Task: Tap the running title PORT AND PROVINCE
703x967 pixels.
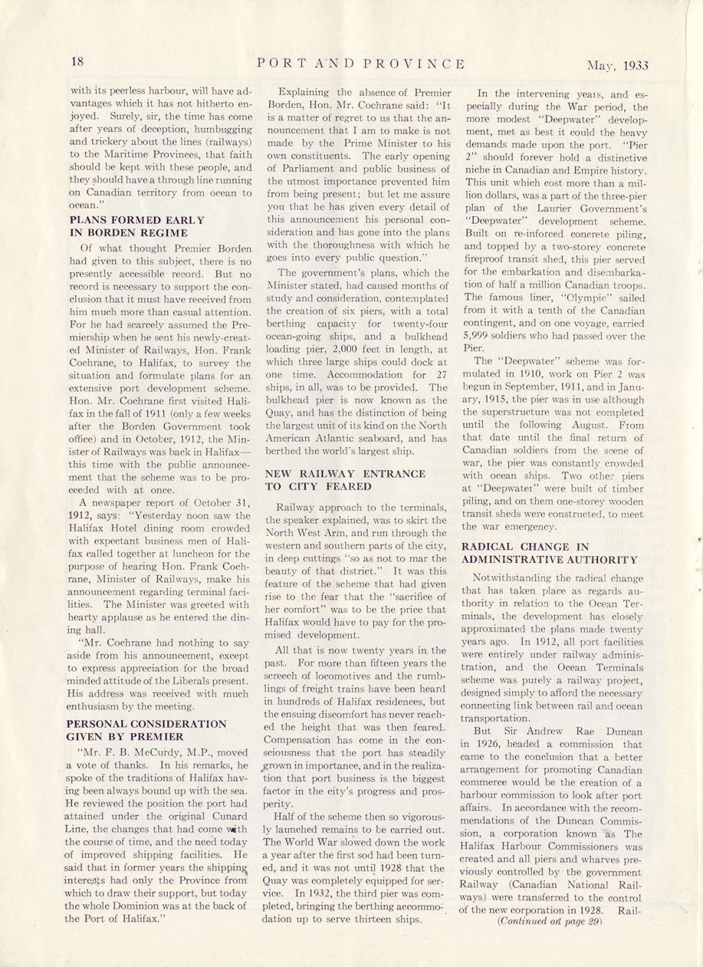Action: (x=361, y=63)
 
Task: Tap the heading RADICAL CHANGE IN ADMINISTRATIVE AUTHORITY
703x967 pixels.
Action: (x=549, y=553)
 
